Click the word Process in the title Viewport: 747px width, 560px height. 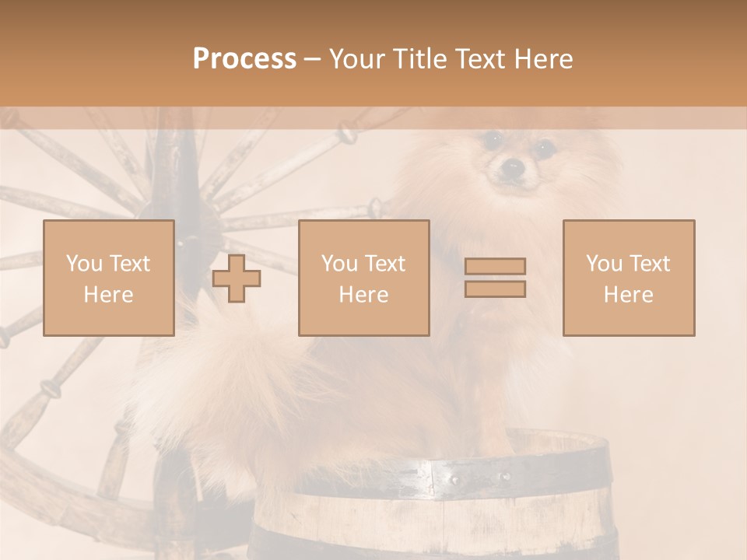(244, 59)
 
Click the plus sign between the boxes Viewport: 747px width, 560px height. (237, 278)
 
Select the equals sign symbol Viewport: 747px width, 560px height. (495, 278)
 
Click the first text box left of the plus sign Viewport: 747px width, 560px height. (109, 278)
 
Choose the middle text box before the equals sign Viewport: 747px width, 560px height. (363, 278)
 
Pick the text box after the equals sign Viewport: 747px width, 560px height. (628, 278)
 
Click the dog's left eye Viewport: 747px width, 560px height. (492, 140)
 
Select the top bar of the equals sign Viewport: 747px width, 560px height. (495, 266)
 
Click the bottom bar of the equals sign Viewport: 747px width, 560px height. (495, 289)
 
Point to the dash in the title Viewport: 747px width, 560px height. (313, 61)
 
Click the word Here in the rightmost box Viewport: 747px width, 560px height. (628, 295)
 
